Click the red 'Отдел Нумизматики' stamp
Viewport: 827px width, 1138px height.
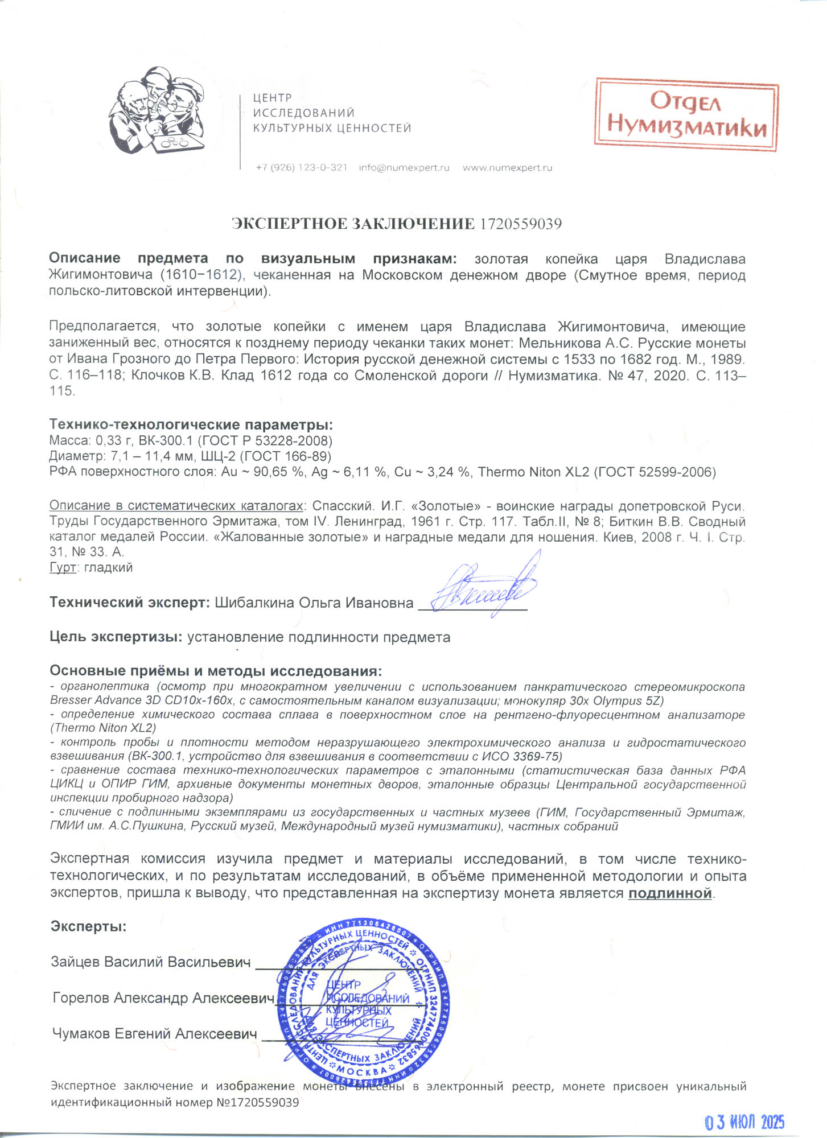686,115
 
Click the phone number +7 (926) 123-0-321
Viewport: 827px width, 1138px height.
301,168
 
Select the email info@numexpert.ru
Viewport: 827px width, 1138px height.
404,168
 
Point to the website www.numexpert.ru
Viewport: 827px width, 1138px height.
507,168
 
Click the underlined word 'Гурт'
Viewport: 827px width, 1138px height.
63,568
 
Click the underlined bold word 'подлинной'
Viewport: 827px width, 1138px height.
670,893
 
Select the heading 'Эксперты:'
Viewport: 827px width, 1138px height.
88,927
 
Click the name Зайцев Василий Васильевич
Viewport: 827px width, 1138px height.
151,962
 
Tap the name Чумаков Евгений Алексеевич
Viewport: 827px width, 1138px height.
154,1034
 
